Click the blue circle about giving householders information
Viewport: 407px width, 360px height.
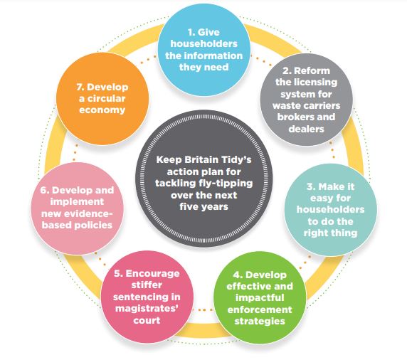pyautogui.click(x=204, y=50)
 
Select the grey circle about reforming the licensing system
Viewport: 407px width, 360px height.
pyautogui.click(x=306, y=100)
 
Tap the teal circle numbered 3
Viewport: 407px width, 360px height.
pyautogui.click(x=331, y=210)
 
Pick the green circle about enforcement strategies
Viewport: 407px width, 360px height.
pyautogui.click(x=260, y=297)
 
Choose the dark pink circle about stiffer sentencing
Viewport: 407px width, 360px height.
pyautogui.click(x=147, y=297)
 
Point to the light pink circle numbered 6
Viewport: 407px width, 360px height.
pyautogui.click(x=77, y=208)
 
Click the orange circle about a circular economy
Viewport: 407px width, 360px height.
pyautogui.click(x=102, y=98)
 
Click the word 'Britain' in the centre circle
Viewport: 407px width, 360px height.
pyautogui.click(x=201, y=159)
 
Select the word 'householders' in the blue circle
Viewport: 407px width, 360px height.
pyautogui.click(x=204, y=43)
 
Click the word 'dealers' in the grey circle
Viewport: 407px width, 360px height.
pyautogui.click(x=306, y=129)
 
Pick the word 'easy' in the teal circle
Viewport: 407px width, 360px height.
pyautogui.click(x=321, y=198)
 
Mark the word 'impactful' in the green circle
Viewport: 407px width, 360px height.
pyautogui.click(x=260, y=297)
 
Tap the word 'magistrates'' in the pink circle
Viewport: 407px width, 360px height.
pyautogui.click(x=147, y=309)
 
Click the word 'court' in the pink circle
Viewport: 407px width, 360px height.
pyautogui.click(x=147, y=321)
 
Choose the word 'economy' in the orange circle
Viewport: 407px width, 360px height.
pyautogui.click(x=102, y=110)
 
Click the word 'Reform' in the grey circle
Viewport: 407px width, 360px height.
pyautogui.click(x=312, y=70)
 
